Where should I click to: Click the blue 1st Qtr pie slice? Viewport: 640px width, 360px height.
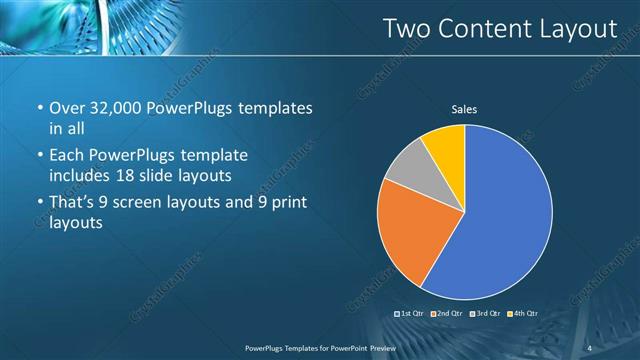click(x=500, y=220)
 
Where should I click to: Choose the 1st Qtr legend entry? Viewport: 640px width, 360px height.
click(x=411, y=314)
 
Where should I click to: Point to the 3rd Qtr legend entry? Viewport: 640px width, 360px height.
click(x=486, y=314)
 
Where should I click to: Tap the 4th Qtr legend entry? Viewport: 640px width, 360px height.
click(x=523, y=314)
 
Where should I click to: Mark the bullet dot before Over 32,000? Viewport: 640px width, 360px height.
click(x=38, y=108)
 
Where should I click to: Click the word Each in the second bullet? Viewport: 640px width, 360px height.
click(x=68, y=156)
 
